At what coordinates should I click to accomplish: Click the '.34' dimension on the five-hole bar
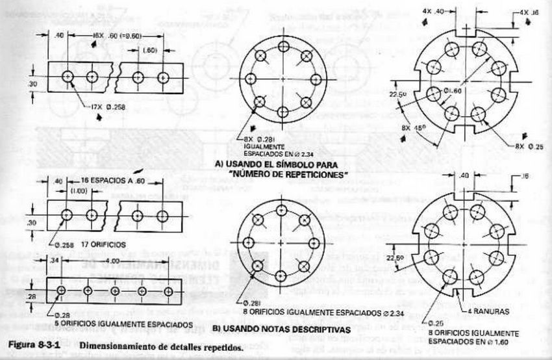pos(55,260)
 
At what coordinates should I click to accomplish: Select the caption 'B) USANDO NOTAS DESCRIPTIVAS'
pos(282,330)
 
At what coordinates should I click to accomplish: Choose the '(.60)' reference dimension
pos(149,49)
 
